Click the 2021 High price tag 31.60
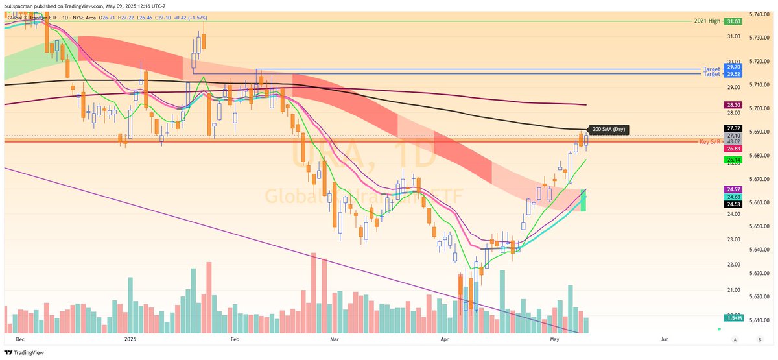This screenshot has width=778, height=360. (733, 21)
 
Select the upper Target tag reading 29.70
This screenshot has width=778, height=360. (733, 67)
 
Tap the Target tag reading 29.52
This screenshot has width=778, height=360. (733, 74)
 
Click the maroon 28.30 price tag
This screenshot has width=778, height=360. (733, 104)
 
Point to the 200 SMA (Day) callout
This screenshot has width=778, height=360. (607, 129)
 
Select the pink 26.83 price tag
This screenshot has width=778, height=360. (733, 148)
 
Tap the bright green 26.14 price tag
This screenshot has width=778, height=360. (733, 160)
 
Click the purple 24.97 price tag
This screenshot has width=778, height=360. (733, 189)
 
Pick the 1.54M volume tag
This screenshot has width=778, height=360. (733, 318)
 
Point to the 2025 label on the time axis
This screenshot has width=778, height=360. (130, 339)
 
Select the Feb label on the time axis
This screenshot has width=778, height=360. (234, 339)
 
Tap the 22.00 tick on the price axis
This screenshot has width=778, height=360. (733, 265)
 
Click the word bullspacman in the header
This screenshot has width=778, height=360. (18, 5)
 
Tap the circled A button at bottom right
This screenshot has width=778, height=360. (735, 339)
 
